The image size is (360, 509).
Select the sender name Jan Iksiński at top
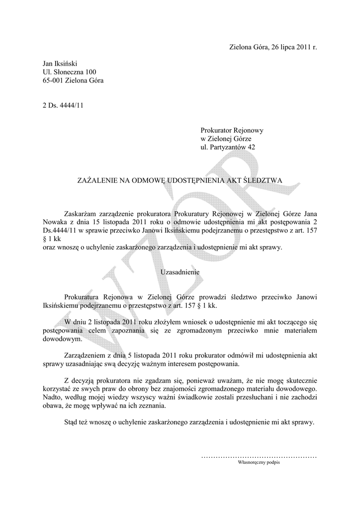(60, 64)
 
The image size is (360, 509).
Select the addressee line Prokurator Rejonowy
(232, 130)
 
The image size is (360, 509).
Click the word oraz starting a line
(50, 248)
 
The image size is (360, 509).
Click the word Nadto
(53, 397)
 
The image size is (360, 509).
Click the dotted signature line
(259, 456)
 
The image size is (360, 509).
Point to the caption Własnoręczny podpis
(259, 462)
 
